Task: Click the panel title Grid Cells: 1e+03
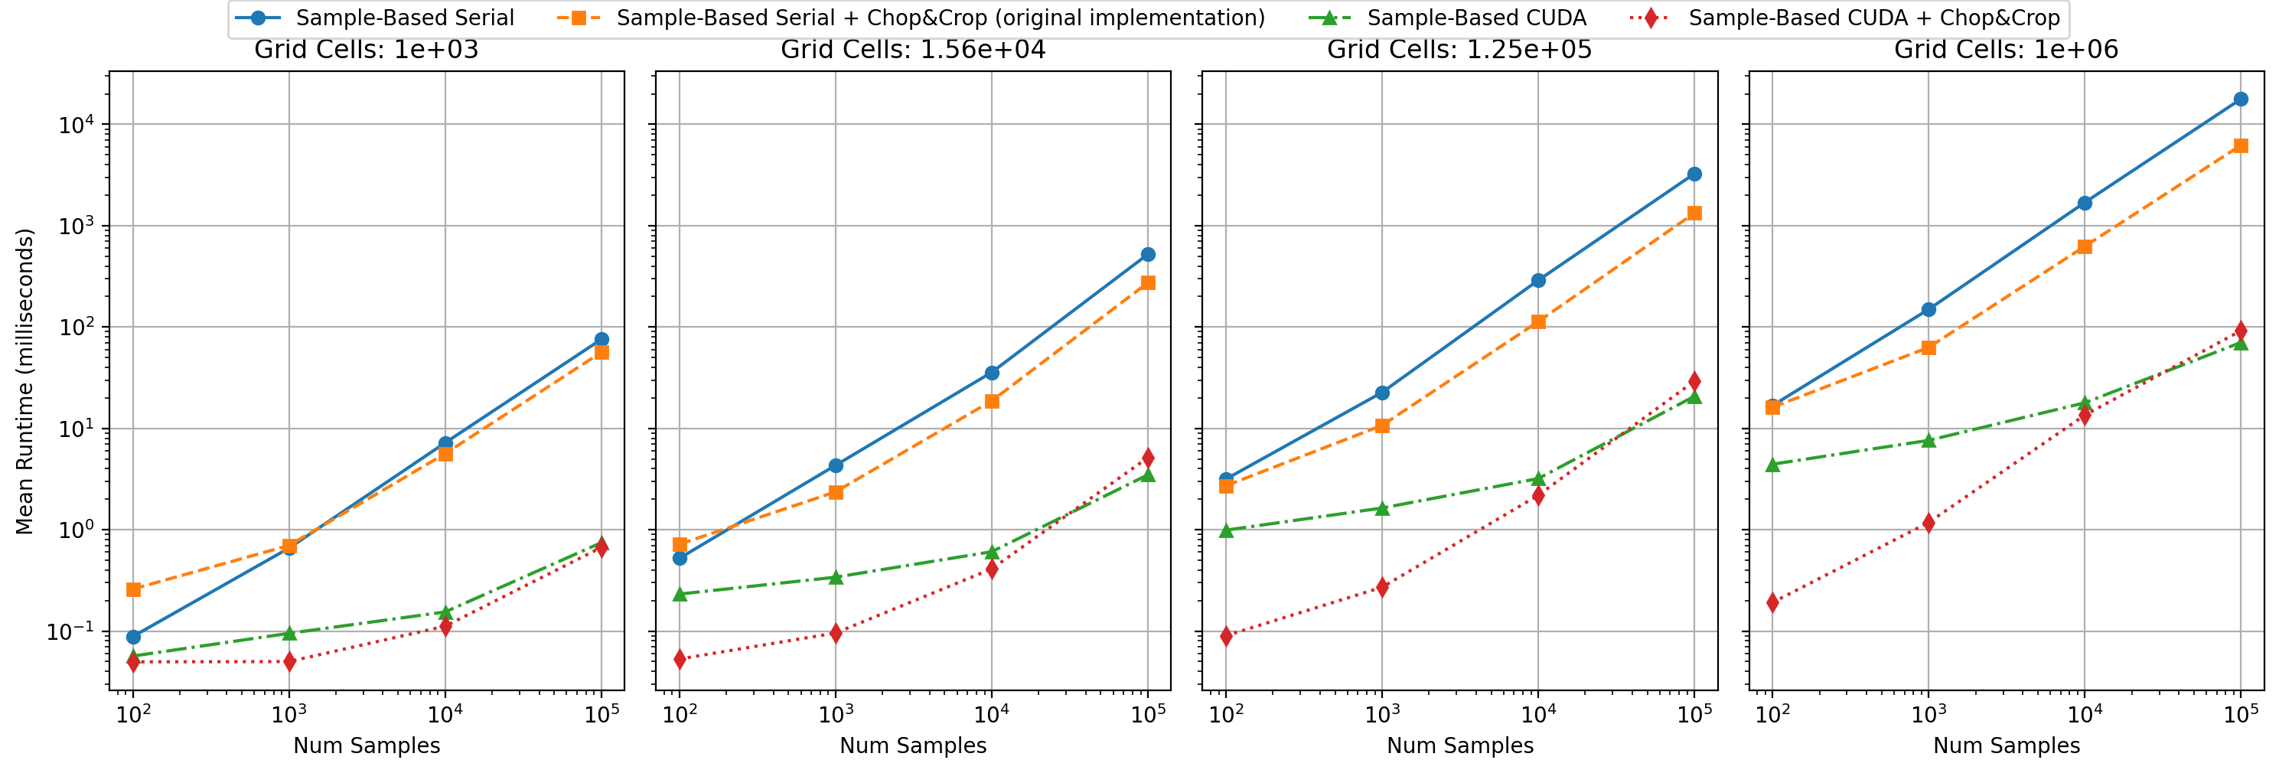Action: pyautogui.click(x=367, y=50)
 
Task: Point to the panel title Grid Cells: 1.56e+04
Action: pyautogui.click(x=913, y=50)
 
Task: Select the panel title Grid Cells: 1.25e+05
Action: pyautogui.click(x=1459, y=50)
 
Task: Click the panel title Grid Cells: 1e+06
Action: pyautogui.click(x=2006, y=50)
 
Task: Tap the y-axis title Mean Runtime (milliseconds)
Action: pyautogui.click(x=24, y=381)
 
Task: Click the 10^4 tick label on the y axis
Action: pyautogui.click(x=76, y=125)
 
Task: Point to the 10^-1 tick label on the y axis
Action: pyautogui.click(x=73, y=631)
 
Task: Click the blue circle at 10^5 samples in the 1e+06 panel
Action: pyautogui.click(x=2240, y=99)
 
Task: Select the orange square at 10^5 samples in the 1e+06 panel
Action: pyautogui.click(x=2240, y=146)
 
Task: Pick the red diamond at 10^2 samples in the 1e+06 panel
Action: pyautogui.click(x=1772, y=602)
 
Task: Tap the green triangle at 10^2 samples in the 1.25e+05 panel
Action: pyautogui.click(x=1226, y=530)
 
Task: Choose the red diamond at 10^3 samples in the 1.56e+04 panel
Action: pyautogui.click(x=836, y=632)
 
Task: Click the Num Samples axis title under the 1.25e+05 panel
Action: pyautogui.click(x=1459, y=745)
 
